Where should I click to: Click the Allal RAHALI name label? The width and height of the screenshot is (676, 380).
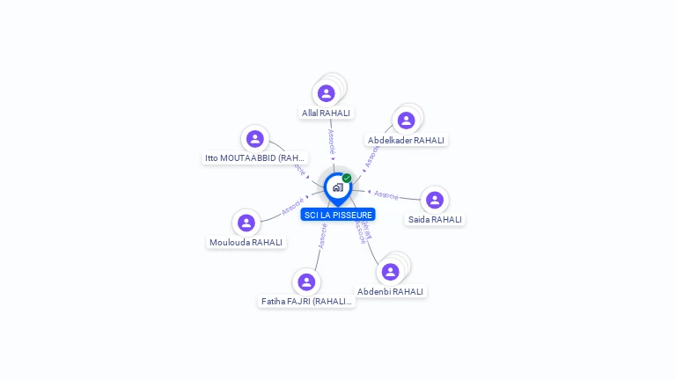[326, 113]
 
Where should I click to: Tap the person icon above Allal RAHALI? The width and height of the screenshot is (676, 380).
[327, 93]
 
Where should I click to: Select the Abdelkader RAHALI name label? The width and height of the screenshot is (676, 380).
[406, 140]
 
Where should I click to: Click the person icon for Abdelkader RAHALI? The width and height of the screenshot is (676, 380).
[406, 121]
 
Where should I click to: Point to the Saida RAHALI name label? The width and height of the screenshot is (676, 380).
[435, 219]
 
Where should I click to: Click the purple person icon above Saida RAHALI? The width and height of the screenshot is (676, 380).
[435, 200]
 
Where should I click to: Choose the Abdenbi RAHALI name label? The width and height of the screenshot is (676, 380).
[390, 291]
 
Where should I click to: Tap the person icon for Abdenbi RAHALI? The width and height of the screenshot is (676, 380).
[390, 272]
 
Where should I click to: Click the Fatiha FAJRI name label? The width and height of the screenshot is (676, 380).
[306, 301]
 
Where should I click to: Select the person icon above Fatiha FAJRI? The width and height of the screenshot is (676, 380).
[306, 281]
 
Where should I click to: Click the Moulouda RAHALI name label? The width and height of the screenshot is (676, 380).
[246, 242]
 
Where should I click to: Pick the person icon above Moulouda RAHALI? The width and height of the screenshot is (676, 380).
[246, 223]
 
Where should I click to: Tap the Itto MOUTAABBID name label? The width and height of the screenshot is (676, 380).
[255, 158]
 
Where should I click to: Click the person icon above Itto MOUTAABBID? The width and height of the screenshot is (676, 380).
[255, 139]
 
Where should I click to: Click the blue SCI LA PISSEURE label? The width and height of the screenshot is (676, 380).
[338, 215]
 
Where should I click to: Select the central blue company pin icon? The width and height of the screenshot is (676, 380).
[337, 187]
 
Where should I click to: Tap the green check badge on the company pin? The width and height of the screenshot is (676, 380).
[347, 179]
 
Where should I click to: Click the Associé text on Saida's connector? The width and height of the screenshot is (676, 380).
[386, 194]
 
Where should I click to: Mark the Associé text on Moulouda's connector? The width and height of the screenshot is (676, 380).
[293, 207]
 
